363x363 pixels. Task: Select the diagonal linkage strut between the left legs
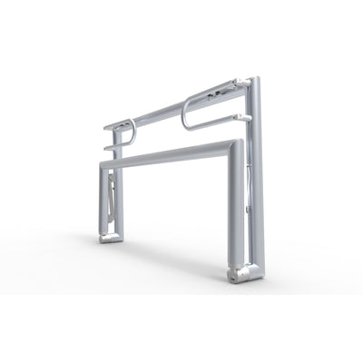point(112,195)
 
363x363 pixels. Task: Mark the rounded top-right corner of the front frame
point(237,145)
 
